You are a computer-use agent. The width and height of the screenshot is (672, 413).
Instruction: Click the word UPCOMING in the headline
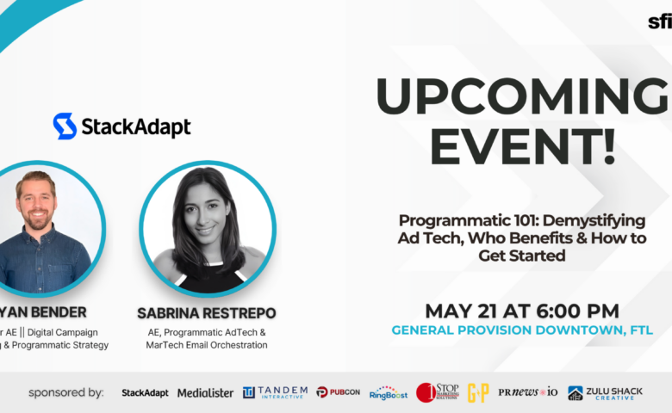tap(522, 96)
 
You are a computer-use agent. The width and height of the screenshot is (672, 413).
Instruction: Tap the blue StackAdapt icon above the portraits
tap(65, 126)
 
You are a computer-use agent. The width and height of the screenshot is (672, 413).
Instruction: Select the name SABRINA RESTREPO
tap(207, 312)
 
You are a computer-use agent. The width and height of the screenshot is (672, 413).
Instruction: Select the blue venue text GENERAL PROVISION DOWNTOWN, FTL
tap(522, 330)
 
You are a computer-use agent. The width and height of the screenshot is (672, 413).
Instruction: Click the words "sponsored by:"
tap(66, 392)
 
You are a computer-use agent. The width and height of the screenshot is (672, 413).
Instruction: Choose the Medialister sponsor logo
tap(205, 392)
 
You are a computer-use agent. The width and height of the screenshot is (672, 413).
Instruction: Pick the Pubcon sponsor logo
tap(338, 392)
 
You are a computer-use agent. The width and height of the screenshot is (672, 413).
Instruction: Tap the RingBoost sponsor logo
tap(389, 392)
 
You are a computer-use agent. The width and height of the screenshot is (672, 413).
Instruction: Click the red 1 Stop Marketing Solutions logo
tap(438, 392)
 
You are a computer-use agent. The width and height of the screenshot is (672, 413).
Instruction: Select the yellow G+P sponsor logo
tap(478, 392)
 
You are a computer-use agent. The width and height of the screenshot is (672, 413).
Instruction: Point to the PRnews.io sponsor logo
tap(527, 392)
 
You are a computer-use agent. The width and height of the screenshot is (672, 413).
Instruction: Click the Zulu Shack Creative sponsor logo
tap(605, 392)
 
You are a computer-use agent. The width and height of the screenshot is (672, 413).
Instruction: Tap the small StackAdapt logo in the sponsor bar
tap(145, 392)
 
